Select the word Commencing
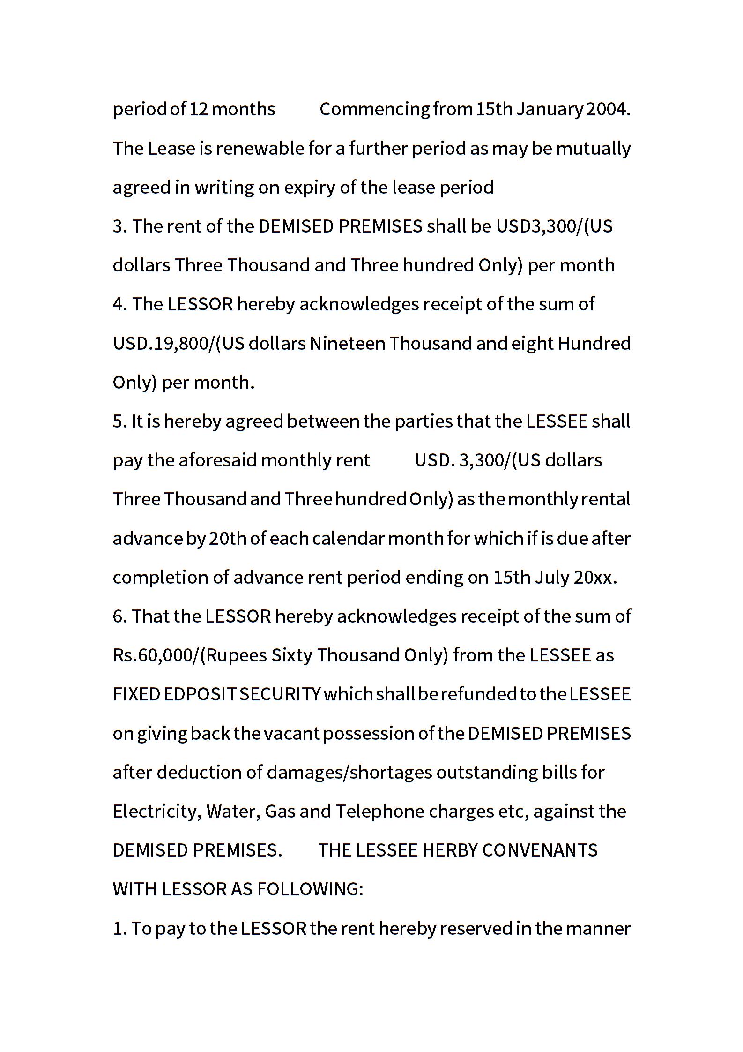pyautogui.click(x=374, y=109)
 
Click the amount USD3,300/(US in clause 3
pyautogui.click(x=554, y=226)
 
